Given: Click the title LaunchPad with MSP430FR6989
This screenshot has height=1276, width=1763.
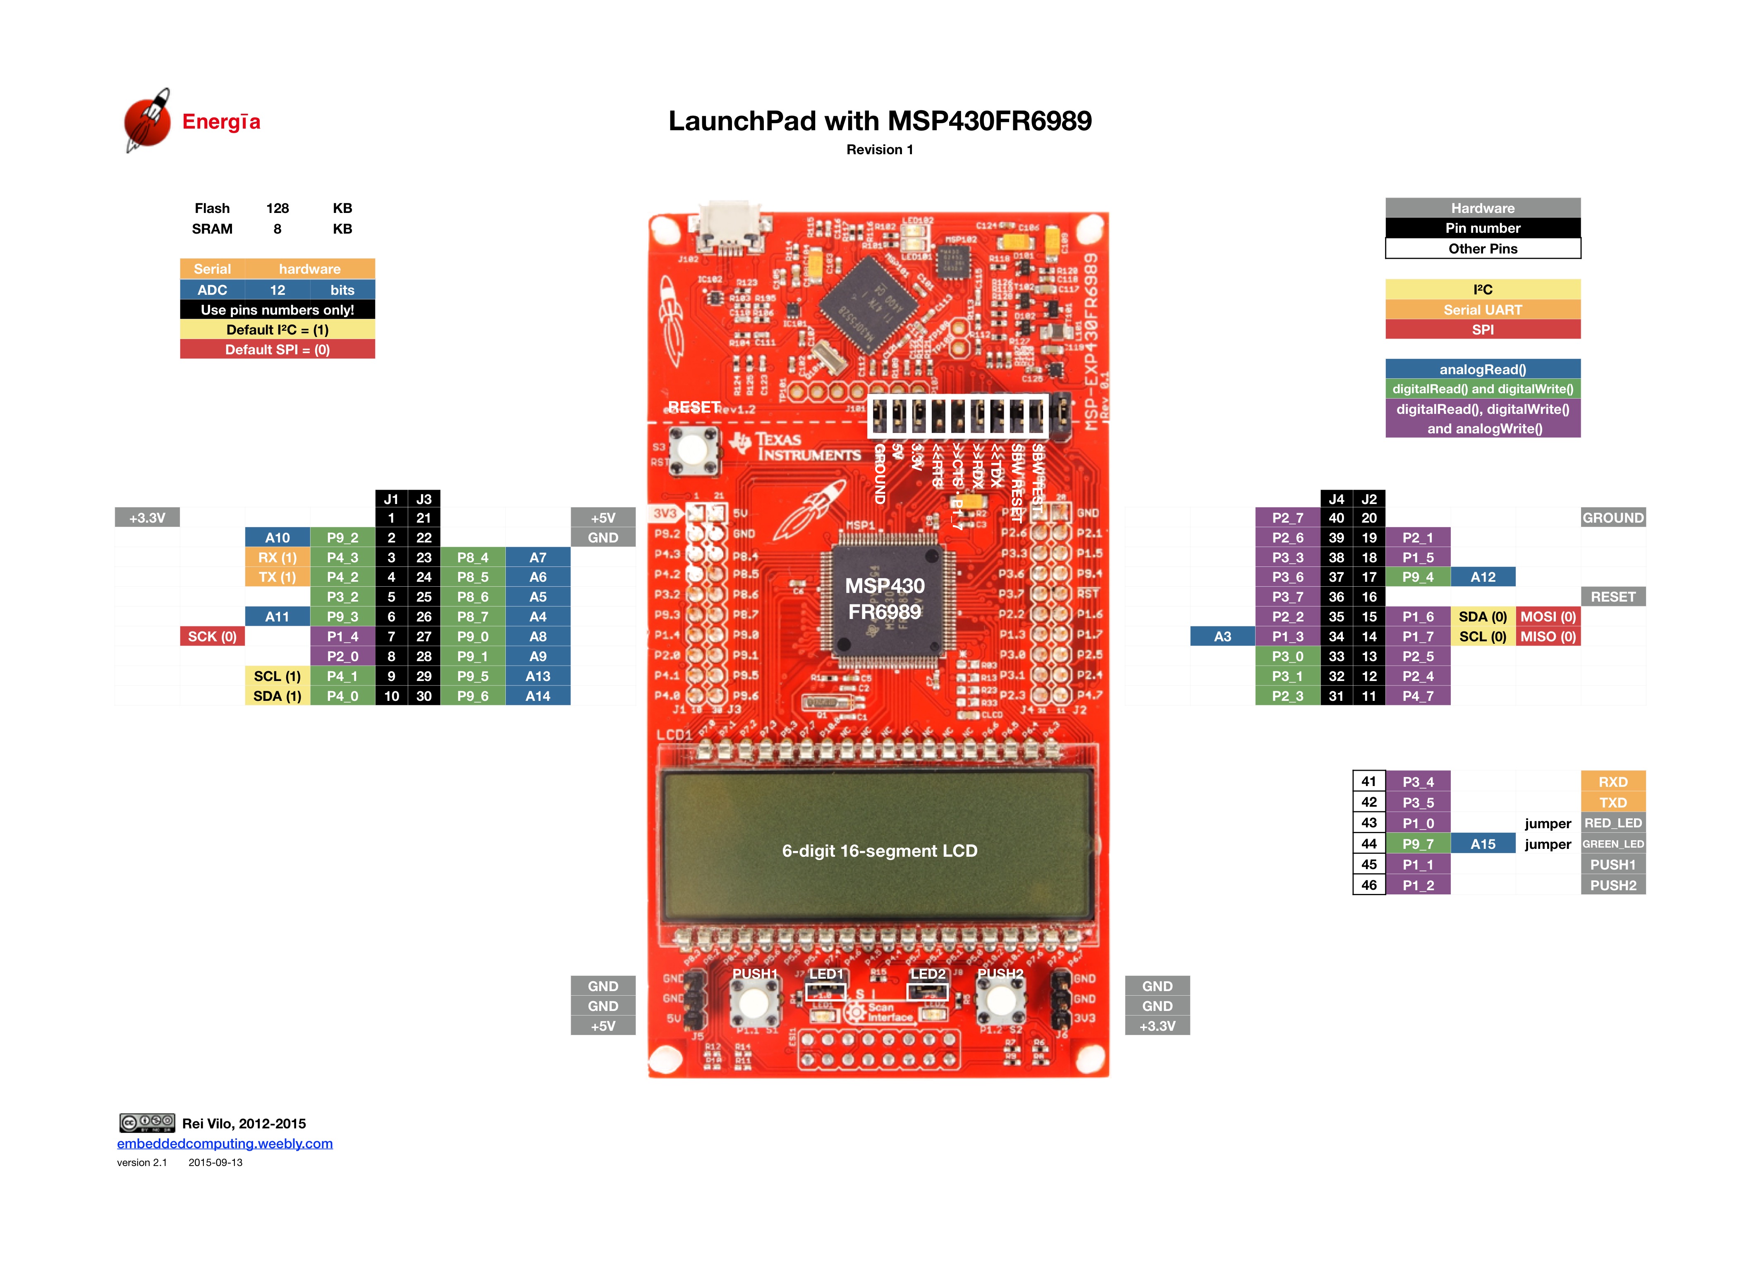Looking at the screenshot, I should (880, 121).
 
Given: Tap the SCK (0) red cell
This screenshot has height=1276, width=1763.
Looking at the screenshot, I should (212, 636).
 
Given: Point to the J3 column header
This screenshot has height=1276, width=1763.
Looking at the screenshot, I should (423, 499).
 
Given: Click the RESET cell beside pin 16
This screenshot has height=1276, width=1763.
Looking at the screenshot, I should (1613, 597).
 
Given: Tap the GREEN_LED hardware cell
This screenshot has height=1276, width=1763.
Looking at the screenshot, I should (1613, 844).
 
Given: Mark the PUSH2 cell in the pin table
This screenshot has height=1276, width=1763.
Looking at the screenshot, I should (1613, 885).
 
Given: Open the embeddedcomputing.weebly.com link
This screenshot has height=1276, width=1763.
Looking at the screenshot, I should (225, 1144).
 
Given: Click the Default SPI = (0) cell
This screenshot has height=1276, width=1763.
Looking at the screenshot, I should (277, 350).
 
